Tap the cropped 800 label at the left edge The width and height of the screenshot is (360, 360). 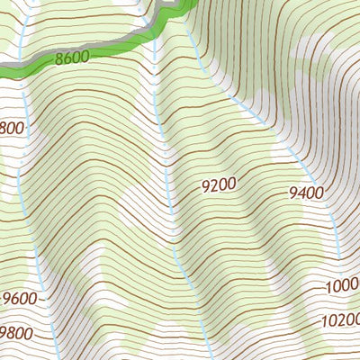click(12, 128)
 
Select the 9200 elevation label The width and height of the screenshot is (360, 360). click(219, 185)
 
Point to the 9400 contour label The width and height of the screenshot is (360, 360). click(307, 192)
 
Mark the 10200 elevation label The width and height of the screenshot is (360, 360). click(338, 320)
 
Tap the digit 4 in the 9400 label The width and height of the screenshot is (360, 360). click(302, 192)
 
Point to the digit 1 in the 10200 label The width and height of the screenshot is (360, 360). click(322, 320)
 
